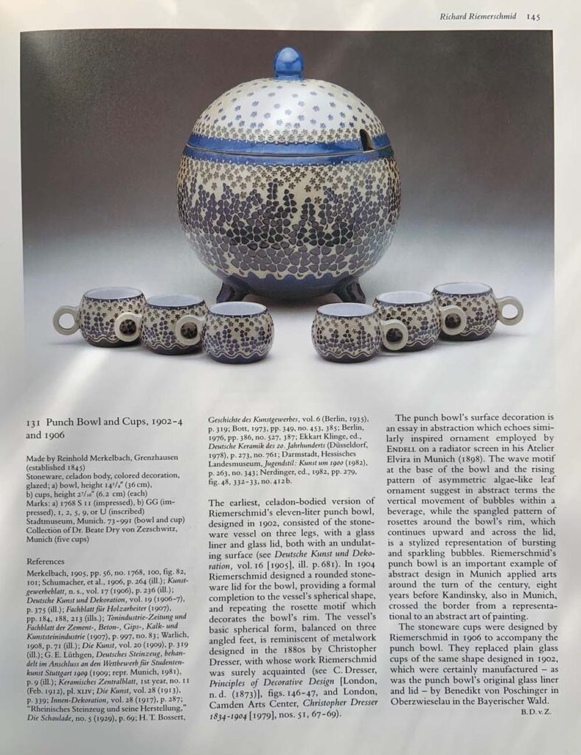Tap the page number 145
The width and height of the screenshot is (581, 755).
(534, 16)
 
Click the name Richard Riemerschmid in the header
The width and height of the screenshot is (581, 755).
(478, 16)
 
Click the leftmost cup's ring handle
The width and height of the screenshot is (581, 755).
(65, 319)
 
